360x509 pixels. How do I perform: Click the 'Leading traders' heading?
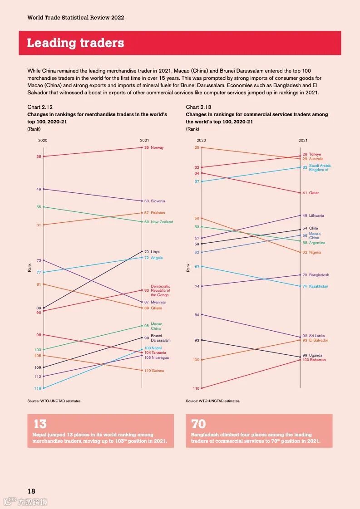click(x=75, y=43)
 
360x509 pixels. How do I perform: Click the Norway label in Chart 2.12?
click(x=157, y=147)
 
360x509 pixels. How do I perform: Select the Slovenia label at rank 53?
click(x=158, y=201)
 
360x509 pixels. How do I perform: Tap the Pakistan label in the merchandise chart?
click(x=158, y=213)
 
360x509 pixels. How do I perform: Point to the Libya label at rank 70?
click(x=155, y=252)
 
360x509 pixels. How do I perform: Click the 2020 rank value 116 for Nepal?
click(x=38, y=388)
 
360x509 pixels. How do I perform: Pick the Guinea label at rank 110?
click(x=158, y=371)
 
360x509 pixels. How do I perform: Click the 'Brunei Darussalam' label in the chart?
click(x=160, y=338)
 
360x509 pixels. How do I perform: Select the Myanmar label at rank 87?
click(x=158, y=302)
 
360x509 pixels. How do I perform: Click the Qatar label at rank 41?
click(x=314, y=193)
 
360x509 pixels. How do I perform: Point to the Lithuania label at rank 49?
click(x=316, y=215)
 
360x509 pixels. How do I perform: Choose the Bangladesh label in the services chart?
click(x=319, y=275)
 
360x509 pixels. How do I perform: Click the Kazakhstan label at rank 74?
click(x=318, y=286)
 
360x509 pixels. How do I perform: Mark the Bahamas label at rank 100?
click(x=317, y=360)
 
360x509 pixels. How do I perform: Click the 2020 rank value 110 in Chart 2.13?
click(x=196, y=388)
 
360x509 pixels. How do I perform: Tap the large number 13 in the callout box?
click(x=40, y=424)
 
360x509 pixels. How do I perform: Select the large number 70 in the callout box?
click(x=198, y=424)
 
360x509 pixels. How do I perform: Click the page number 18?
click(x=31, y=491)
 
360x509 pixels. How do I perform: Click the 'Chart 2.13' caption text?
click(x=197, y=107)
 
